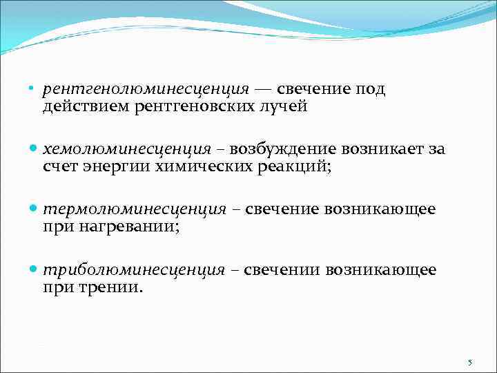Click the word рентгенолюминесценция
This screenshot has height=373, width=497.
(146, 90)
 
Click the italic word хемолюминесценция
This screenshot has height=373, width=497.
(127, 150)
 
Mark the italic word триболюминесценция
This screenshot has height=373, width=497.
(133, 270)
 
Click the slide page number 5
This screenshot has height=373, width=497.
(469, 363)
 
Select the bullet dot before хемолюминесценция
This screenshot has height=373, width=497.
(35, 150)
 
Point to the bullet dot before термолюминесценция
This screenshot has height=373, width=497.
(35, 209)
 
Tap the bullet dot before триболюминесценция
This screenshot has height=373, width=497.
(35, 270)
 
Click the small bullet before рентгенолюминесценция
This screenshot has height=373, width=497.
(34, 90)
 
